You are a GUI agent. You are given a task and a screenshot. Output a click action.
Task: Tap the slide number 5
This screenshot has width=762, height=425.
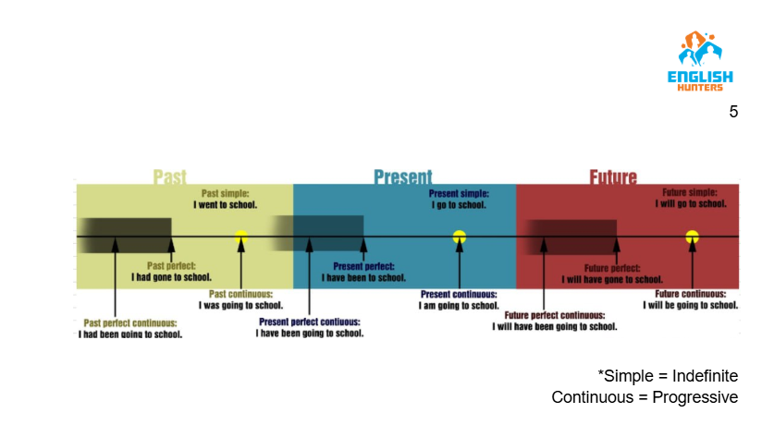point(733,112)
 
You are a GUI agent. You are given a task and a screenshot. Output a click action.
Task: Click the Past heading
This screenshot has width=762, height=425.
point(169,176)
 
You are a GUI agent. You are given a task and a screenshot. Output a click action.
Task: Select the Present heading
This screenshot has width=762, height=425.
point(402,176)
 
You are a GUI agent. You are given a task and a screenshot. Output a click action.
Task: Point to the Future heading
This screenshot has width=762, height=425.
point(613,176)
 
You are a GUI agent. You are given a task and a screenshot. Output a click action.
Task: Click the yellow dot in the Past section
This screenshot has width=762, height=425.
point(241,237)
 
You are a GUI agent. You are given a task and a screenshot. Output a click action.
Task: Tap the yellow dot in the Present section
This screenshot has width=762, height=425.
point(459,237)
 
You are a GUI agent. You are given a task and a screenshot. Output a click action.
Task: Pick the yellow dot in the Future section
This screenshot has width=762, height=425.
point(691,237)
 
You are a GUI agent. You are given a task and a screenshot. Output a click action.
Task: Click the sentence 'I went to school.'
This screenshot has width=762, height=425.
point(226,204)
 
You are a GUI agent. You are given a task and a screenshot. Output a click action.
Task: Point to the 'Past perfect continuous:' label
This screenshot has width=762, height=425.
point(129,323)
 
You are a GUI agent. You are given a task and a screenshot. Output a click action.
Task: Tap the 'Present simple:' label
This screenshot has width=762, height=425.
point(459,194)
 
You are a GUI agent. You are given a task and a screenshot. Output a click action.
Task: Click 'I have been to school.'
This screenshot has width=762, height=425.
point(363,277)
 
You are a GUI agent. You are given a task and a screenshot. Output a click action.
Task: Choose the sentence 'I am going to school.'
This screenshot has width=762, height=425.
point(459,305)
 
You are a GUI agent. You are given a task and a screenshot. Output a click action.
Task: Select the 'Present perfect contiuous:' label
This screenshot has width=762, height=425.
point(310,322)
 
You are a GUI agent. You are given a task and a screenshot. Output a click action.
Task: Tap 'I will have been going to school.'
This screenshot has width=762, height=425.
point(554,326)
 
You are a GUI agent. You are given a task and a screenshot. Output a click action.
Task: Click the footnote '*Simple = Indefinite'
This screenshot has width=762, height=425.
point(668,376)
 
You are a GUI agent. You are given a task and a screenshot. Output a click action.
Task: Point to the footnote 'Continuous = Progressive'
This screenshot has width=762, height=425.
point(645,397)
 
